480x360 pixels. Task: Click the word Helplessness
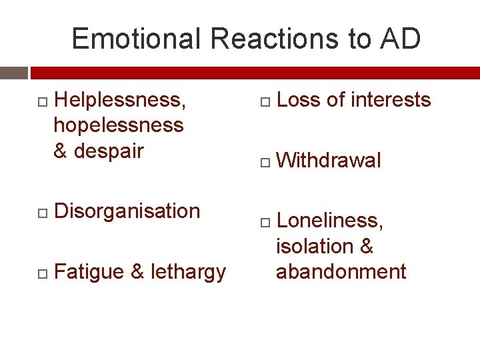[120, 100]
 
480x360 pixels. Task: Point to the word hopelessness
[118, 125]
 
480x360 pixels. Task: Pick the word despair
[108, 151]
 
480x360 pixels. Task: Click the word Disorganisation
[127, 211]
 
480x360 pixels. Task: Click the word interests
[391, 100]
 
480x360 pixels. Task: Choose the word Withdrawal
[329, 161]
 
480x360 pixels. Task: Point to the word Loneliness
[329, 221]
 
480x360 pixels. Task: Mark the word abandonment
[341, 271]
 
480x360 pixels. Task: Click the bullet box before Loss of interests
[264, 101]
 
